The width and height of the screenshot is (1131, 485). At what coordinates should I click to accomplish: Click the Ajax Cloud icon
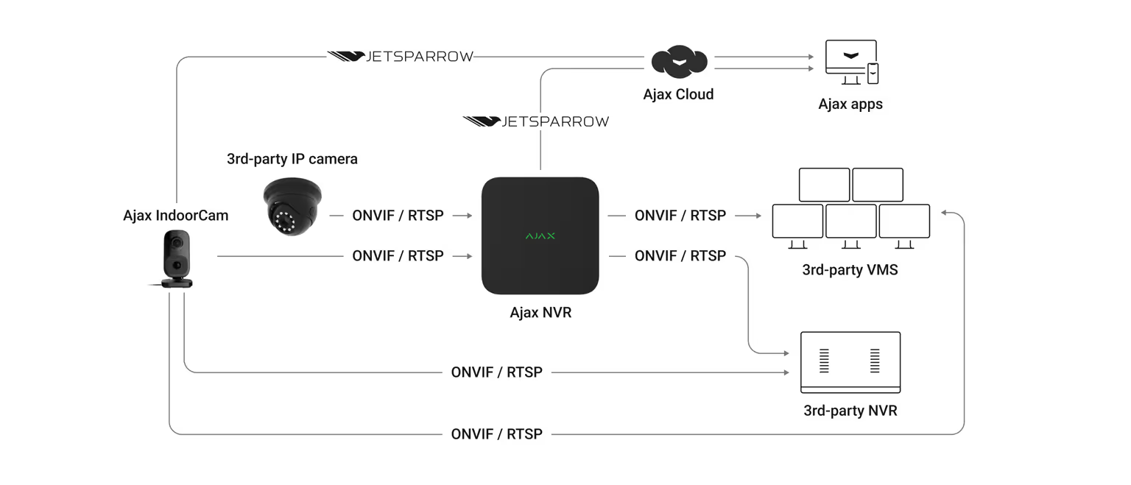(678, 63)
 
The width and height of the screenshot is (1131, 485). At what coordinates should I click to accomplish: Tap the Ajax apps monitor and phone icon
(851, 63)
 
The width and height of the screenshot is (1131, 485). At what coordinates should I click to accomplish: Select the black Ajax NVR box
(540, 236)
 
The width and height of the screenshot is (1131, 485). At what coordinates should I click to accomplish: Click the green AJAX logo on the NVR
(540, 236)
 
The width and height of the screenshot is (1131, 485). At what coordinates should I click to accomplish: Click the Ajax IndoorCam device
(177, 258)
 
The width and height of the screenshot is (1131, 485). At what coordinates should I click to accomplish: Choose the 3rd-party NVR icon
(850, 362)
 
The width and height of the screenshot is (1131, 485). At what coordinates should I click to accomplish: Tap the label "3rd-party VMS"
(850, 270)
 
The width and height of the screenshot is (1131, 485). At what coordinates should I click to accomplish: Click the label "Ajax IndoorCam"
(176, 216)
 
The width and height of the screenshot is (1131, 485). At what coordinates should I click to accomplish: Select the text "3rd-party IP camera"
(292, 159)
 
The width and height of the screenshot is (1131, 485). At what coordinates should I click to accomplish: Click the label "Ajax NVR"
(540, 313)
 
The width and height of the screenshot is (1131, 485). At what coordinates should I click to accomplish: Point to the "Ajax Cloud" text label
(678, 94)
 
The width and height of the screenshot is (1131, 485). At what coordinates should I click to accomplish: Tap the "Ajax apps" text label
(850, 104)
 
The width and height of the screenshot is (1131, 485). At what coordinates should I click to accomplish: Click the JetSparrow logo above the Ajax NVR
(536, 121)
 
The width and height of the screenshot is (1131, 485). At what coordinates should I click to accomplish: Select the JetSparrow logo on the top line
(401, 57)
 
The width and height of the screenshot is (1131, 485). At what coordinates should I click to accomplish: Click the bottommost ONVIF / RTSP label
(496, 434)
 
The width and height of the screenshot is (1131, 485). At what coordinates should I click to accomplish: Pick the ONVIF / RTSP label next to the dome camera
(398, 216)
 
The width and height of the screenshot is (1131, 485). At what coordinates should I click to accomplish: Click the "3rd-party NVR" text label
(850, 411)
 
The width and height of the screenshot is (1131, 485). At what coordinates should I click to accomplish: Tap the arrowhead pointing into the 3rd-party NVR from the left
(786, 372)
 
